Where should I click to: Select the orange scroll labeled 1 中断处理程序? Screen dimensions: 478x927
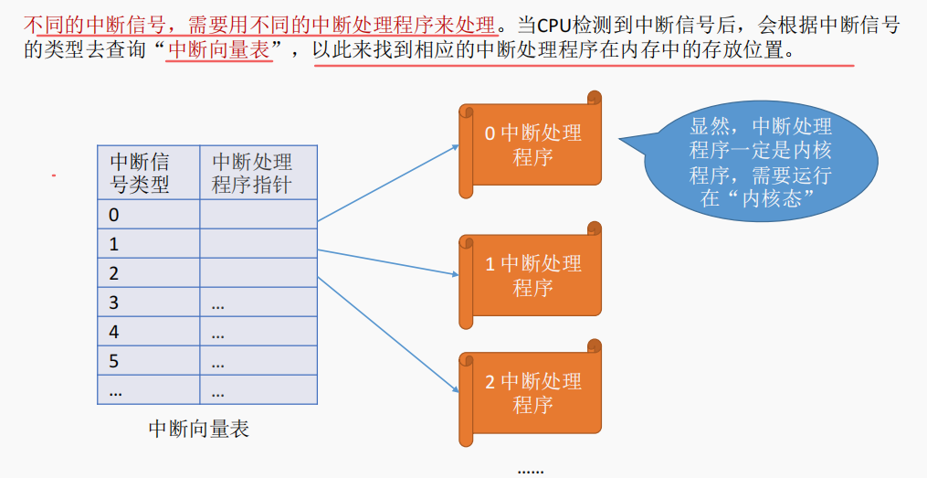[x=532, y=276]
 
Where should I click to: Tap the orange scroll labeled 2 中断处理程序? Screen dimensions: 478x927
[x=532, y=393]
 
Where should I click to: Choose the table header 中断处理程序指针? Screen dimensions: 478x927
[x=252, y=173]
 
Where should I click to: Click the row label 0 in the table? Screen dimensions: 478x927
[x=114, y=216]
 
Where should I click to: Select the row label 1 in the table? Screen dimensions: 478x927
[x=114, y=245]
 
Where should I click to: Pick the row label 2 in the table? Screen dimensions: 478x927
[x=114, y=273]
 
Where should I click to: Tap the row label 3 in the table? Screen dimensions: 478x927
[x=114, y=303]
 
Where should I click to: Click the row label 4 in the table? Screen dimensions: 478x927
[x=114, y=332]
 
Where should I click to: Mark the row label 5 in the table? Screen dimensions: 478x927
[x=114, y=361]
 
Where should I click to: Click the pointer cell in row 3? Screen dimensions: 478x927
[x=258, y=303]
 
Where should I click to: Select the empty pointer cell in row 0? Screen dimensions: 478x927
[x=258, y=216]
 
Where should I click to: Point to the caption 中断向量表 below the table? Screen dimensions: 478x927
[x=198, y=428]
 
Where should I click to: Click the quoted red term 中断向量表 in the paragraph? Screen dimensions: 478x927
[x=220, y=50]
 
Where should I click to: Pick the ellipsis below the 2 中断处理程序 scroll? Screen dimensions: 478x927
[x=531, y=469]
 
